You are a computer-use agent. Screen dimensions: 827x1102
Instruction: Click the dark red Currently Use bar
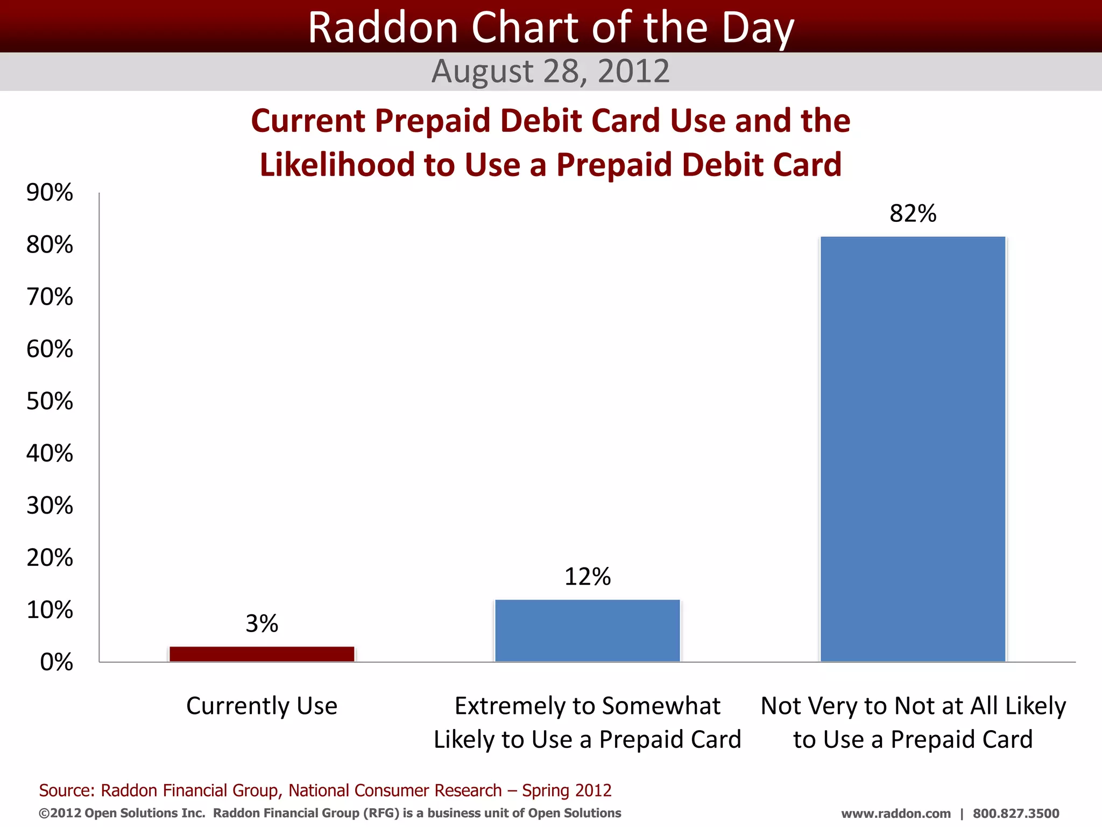[262, 654]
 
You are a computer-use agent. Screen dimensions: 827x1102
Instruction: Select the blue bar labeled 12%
[587, 630]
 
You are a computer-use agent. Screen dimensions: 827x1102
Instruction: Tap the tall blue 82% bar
[913, 449]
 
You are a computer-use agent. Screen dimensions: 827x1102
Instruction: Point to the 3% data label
[262, 623]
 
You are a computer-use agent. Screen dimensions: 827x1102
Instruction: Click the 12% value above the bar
[587, 577]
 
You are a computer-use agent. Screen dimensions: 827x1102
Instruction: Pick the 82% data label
[913, 213]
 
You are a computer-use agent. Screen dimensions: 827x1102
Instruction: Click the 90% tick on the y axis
[50, 193]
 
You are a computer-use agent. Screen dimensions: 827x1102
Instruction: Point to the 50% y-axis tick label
[50, 401]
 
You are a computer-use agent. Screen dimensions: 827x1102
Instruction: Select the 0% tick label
[56, 662]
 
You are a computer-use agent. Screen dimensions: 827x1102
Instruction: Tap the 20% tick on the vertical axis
[50, 558]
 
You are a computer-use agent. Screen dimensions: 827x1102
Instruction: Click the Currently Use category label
[262, 706]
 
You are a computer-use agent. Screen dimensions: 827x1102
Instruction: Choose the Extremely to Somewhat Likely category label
[587, 722]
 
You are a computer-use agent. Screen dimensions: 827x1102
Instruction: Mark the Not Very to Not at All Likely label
[913, 722]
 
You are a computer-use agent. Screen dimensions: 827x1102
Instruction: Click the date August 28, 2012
[550, 71]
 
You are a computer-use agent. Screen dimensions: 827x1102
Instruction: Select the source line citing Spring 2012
[325, 790]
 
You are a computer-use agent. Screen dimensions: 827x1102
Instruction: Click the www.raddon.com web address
[895, 814]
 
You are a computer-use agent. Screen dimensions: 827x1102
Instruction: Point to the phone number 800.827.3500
[1015, 814]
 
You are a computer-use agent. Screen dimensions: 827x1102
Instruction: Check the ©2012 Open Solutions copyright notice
[329, 813]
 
